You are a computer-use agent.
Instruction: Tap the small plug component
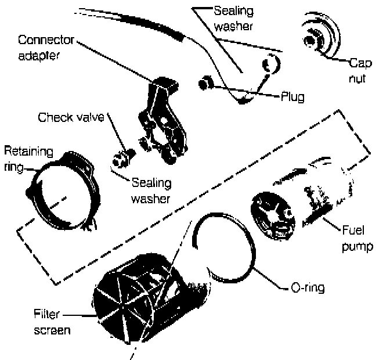point(205,85)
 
